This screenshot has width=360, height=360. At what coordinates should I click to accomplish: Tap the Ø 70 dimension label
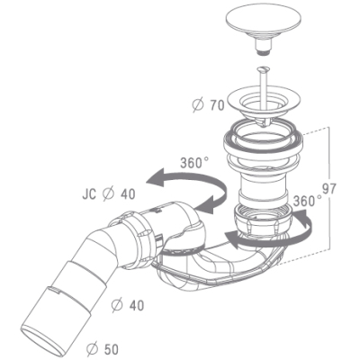[209, 105]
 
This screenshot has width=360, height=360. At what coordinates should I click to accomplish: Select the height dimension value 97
[329, 188]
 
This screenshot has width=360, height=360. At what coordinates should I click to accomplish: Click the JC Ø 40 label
[109, 194]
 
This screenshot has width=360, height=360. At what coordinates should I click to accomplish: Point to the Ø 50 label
[103, 349]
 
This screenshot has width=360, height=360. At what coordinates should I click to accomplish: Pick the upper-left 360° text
[194, 163]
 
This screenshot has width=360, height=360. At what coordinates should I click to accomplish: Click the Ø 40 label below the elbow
[128, 305]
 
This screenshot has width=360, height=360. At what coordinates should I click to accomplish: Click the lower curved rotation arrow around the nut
[270, 240]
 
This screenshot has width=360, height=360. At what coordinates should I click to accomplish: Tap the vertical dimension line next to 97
[329, 188]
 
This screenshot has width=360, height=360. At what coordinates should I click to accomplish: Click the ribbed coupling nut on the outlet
[135, 237]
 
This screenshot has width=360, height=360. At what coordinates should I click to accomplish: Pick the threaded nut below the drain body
[263, 220]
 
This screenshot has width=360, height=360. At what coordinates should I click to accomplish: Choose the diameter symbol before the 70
[198, 105]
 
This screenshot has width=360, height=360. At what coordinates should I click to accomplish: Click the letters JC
[89, 194]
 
